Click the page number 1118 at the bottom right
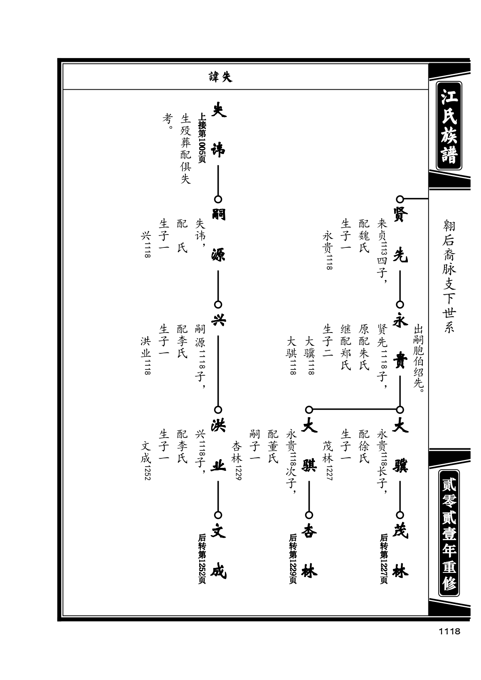pyautogui.click(x=449, y=631)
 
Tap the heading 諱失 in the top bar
pyautogui.click(x=220, y=77)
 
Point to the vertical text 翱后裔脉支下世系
pyautogui.click(x=449, y=276)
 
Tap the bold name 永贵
pyautogui.click(x=400, y=340)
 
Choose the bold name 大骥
pyautogui.click(x=400, y=446)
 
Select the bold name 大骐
pyautogui.click(x=309, y=446)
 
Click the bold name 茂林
pyautogui.click(x=400, y=551)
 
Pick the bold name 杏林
pyautogui.click(x=309, y=551)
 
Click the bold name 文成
pyautogui.click(x=218, y=551)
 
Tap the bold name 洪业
pyautogui.click(x=218, y=446)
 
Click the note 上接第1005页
pyautogui.click(x=202, y=138)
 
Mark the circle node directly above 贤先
pyautogui.click(x=400, y=199)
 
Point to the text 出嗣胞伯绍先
pyautogui.click(x=418, y=358)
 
